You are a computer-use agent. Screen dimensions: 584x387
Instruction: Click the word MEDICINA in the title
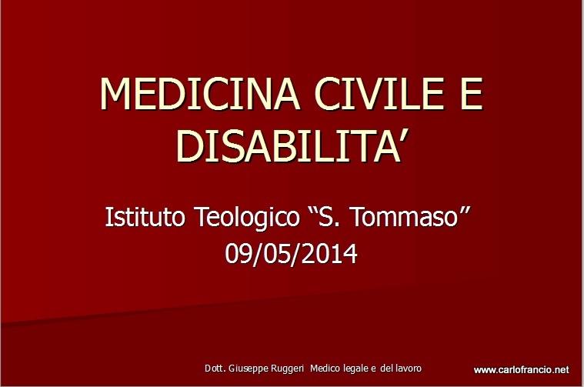[199, 94]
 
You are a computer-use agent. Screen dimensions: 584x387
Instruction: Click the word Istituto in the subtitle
[145, 216]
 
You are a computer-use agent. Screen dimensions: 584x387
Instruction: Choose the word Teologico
[248, 218]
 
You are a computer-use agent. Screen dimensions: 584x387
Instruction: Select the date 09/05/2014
[292, 253]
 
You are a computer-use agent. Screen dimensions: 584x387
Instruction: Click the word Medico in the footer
[325, 369]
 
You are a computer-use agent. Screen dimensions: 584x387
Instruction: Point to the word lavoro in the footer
[408, 369]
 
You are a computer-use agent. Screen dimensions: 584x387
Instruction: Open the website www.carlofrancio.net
[522, 370]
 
